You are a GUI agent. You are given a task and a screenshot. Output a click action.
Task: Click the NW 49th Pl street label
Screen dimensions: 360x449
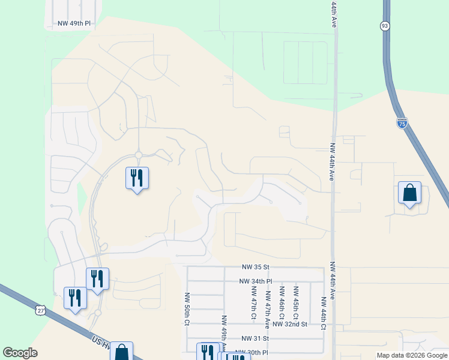(74, 24)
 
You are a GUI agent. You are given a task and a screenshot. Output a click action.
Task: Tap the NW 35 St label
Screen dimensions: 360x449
(256, 267)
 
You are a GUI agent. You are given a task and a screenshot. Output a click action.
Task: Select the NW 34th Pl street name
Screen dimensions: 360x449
(255, 281)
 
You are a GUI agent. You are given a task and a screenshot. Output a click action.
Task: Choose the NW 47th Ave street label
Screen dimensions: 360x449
(268, 307)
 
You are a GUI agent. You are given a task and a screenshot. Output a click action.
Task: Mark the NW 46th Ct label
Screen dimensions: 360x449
(282, 302)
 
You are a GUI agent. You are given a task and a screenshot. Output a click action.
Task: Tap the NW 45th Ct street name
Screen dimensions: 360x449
(296, 302)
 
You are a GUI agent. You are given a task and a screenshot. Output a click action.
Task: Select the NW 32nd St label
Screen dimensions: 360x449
(289, 324)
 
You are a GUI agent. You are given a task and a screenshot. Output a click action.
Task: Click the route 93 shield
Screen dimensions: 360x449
(385, 26)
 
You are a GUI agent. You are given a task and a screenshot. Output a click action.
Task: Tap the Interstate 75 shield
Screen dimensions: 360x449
(402, 124)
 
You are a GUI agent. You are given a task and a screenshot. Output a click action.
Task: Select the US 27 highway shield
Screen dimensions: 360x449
(40, 310)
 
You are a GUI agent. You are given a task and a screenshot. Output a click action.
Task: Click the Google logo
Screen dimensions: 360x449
(20, 353)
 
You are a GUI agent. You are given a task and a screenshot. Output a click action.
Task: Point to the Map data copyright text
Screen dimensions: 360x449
(411, 355)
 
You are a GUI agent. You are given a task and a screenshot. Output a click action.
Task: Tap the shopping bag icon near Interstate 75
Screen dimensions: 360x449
(409, 193)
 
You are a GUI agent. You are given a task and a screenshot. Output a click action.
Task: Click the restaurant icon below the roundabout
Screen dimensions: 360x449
(137, 178)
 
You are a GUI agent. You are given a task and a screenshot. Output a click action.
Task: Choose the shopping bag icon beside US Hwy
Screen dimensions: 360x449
(121, 351)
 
